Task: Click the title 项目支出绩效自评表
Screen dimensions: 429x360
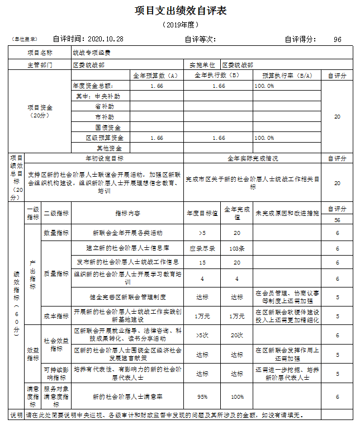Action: point(180,11)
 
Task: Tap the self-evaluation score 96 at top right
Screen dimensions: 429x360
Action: point(337,39)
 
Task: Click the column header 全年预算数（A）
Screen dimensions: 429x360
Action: point(155,75)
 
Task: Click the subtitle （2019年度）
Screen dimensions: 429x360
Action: point(180,25)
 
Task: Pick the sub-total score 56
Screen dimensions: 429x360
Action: point(337,220)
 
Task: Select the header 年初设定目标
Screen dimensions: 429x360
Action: point(105,158)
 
